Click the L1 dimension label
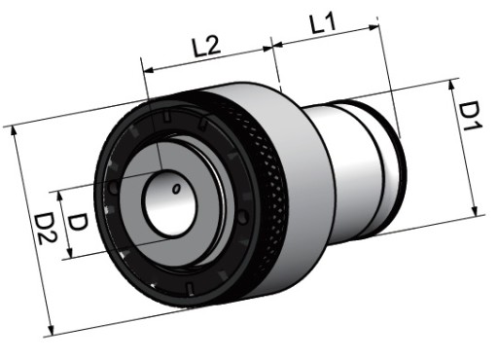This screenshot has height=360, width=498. pyautogui.click(x=322, y=23)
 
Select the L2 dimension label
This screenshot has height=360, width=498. pyautogui.click(x=207, y=47)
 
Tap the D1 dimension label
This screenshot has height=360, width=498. pyautogui.click(x=472, y=116)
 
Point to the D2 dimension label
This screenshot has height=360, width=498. pyautogui.click(x=46, y=229)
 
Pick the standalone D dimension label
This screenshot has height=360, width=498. pyautogui.click(x=79, y=222)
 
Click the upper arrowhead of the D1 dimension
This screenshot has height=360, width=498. pyautogui.click(x=451, y=86)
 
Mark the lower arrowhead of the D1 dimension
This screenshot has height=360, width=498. pyautogui.click(x=475, y=210)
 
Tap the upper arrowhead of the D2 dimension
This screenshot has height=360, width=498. pyautogui.click(x=14, y=131)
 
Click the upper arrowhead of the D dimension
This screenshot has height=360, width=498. pyautogui.click(x=59, y=197)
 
